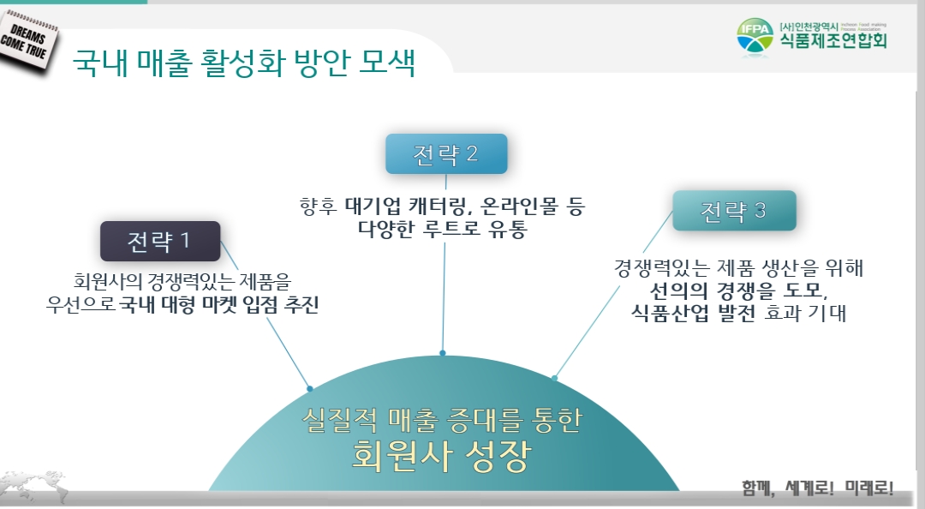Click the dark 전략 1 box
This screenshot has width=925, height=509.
(x=160, y=241)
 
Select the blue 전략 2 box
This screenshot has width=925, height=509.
(x=446, y=154)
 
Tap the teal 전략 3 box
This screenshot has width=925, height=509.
(x=734, y=211)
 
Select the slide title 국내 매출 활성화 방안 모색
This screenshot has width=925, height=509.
(x=244, y=63)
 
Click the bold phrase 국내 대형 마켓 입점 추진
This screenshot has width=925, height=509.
(x=218, y=304)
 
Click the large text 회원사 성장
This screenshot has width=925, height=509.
(x=441, y=454)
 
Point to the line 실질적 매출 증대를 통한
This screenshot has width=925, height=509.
(x=442, y=419)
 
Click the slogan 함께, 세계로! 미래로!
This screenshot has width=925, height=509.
(x=817, y=488)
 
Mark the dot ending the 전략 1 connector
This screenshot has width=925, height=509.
(x=310, y=388)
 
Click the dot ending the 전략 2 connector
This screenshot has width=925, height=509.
(x=442, y=352)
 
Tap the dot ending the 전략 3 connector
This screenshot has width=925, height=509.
(x=555, y=377)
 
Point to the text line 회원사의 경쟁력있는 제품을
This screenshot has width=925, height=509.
(x=182, y=281)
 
